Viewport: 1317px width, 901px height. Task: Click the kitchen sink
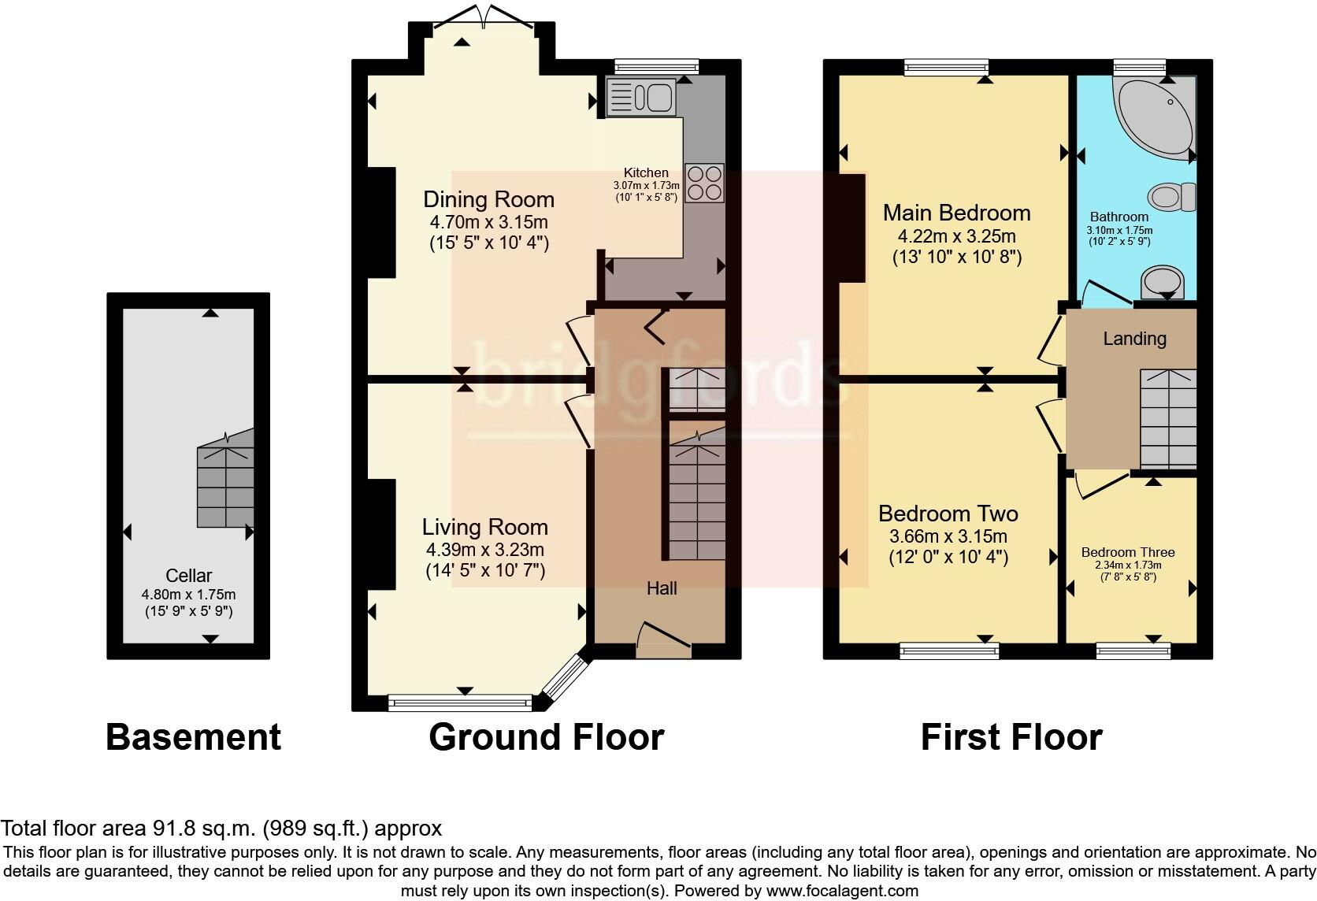pyautogui.click(x=642, y=98)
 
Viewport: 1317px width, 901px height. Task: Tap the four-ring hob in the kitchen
pyautogui.click(x=704, y=183)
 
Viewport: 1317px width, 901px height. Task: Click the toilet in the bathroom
pyautogui.click(x=1173, y=196)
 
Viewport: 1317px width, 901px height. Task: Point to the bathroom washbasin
pyautogui.click(x=1163, y=281)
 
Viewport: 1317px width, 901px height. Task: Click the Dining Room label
pyautogui.click(x=488, y=199)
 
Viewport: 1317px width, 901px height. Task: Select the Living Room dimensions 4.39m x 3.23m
pyautogui.click(x=484, y=550)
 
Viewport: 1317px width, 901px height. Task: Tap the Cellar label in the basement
pyautogui.click(x=188, y=576)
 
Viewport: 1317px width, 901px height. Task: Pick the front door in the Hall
pyautogui.click(x=663, y=640)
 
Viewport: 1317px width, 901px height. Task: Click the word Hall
pyautogui.click(x=662, y=588)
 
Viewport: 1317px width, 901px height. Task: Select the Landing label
pyautogui.click(x=1134, y=339)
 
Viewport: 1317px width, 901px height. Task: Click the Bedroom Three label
pyautogui.click(x=1128, y=552)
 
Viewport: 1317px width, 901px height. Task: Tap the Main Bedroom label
pyautogui.click(x=956, y=213)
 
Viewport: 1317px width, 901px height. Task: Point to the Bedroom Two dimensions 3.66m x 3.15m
pyautogui.click(x=948, y=537)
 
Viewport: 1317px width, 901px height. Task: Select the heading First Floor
pyautogui.click(x=1011, y=738)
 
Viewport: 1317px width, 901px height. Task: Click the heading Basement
pyautogui.click(x=193, y=738)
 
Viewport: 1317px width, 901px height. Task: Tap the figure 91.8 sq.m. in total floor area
pyautogui.click(x=202, y=829)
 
